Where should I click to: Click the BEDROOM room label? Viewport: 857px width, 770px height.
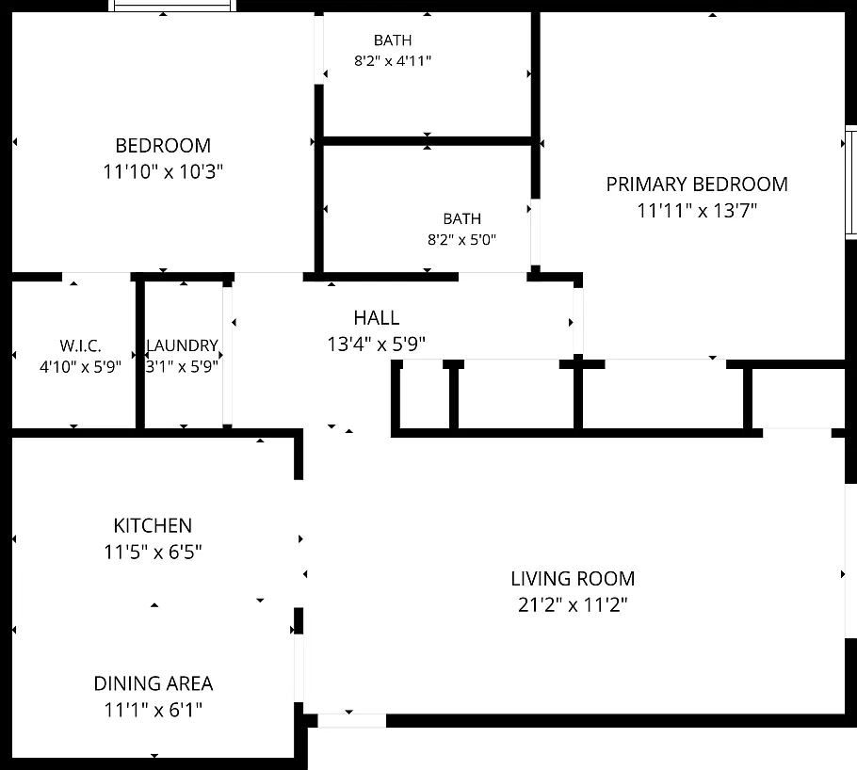click(x=163, y=146)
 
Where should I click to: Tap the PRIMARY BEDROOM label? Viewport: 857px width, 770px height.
click(x=697, y=184)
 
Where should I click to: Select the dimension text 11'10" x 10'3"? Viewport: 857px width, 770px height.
click(x=163, y=171)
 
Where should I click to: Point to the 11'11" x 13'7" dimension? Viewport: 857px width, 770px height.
click(x=697, y=211)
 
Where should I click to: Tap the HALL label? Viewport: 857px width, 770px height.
click(x=376, y=318)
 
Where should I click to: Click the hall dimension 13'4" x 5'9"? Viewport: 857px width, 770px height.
click(x=376, y=345)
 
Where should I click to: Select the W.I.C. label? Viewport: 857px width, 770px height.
click(x=80, y=345)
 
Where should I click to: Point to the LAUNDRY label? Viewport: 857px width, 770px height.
click(x=182, y=345)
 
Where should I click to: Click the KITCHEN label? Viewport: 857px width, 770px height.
click(x=153, y=525)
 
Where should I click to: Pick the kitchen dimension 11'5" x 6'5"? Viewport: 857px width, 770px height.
click(x=153, y=552)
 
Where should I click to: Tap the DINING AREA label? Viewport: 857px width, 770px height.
click(x=153, y=683)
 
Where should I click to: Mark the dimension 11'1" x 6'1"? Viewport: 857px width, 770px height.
click(x=153, y=710)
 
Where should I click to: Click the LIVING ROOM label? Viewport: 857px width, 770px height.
click(x=573, y=579)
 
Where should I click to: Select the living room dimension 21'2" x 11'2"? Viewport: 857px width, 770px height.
click(x=573, y=605)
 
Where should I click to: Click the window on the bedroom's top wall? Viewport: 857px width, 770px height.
click(x=172, y=6)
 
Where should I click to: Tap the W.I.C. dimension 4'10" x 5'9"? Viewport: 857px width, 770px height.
click(x=80, y=367)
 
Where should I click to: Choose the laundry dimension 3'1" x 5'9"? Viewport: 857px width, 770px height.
click(x=182, y=367)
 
